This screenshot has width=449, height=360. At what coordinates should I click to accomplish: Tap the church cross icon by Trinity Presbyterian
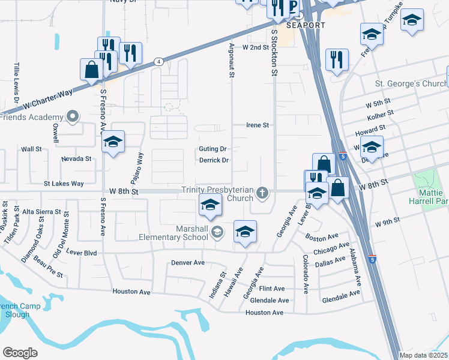pos(262,193)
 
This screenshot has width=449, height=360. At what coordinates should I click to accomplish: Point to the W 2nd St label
pos(254,46)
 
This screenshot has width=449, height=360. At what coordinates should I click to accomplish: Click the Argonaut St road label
pos(231,60)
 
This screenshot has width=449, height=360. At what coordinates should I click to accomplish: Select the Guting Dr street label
pos(213,149)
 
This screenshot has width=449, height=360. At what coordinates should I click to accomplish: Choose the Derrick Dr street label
pos(214,160)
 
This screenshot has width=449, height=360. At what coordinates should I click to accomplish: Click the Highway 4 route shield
pos(158,61)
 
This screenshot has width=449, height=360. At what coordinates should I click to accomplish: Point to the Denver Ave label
pos(188,263)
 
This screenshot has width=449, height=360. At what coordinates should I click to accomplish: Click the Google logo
pos(20,353)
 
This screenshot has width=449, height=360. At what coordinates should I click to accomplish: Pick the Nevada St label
pos(76,159)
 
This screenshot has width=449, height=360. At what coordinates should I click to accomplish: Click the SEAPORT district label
pos(306,25)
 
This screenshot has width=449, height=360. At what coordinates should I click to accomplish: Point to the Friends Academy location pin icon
pos(74,117)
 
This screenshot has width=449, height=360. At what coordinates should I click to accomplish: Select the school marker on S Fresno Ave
pos(112,143)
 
